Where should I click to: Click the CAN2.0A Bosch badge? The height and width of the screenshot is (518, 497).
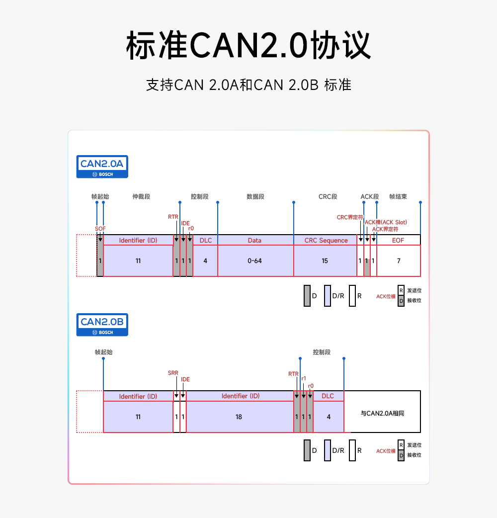click(102, 167)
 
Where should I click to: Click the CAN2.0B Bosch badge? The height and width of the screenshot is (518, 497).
click(102, 325)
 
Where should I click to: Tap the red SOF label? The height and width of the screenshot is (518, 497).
click(100, 229)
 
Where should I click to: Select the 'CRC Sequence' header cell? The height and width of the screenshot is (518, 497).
click(326, 241)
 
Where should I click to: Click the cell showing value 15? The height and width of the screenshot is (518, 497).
click(325, 260)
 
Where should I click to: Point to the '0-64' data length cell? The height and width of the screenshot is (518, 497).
click(254, 260)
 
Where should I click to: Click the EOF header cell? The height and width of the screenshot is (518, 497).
click(398, 241)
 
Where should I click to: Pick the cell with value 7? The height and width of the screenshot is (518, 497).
click(399, 260)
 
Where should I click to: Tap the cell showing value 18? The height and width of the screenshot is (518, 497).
click(239, 417)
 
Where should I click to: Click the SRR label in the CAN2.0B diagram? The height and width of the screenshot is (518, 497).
click(173, 373)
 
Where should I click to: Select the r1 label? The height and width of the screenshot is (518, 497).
click(304, 378)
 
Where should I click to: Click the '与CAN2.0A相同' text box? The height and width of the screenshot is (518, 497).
click(382, 413)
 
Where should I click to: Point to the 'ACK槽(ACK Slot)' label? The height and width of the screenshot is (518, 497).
click(386, 222)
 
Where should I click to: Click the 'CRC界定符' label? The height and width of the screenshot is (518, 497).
click(350, 217)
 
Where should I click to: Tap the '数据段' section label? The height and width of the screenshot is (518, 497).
click(255, 196)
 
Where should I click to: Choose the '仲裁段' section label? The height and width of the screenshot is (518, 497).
click(141, 196)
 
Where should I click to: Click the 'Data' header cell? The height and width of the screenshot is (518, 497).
click(254, 241)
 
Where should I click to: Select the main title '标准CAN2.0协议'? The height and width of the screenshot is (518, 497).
click(248, 46)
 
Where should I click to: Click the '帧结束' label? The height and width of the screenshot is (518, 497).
click(398, 196)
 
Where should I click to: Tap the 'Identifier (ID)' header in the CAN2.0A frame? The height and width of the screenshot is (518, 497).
click(138, 241)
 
